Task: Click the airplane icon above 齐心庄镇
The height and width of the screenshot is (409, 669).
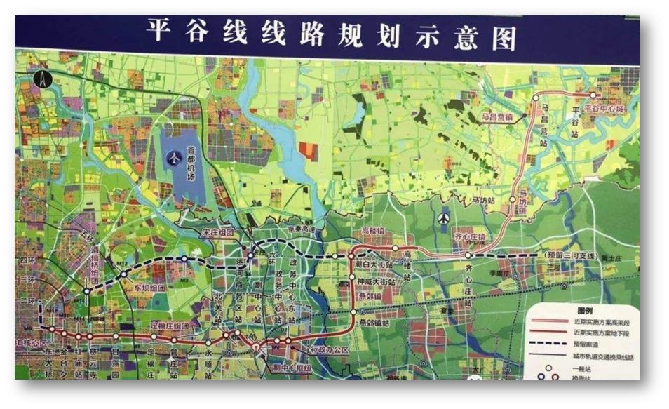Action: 443,220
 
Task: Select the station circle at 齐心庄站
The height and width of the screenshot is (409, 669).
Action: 468,255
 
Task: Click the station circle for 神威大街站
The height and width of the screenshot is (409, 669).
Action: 352,277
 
